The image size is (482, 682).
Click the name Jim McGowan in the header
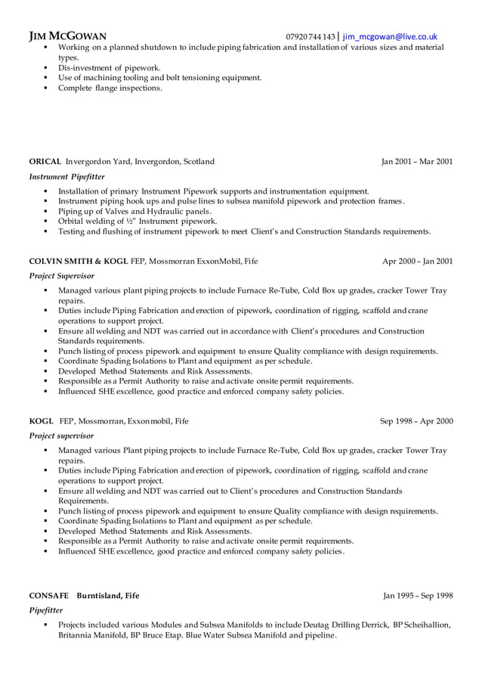(x=67, y=36)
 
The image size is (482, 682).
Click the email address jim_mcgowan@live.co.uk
(x=390, y=36)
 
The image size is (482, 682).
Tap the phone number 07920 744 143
(x=310, y=36)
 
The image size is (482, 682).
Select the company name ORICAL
(x=45, y=161)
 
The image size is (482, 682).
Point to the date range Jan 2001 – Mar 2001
(x=417, y=161)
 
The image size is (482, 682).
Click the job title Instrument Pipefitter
(x=66, y=176)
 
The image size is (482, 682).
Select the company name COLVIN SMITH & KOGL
(x=79, y=261)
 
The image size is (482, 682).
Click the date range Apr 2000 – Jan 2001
(x=417, y=261)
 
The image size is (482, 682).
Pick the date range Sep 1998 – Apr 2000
(x=416, y=420)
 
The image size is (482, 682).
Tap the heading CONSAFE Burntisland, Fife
(x=84, y=595)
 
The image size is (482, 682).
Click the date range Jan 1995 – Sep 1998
(x=417, y=595)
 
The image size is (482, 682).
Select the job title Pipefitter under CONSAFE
(x=46, y=610)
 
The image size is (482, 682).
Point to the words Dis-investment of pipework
(x=109, y=67)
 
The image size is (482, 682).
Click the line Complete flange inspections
(x=110, y=88)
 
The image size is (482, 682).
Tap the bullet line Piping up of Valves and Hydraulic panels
(x=134, y=211)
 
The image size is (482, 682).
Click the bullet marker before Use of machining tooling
(x=46, y=78)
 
